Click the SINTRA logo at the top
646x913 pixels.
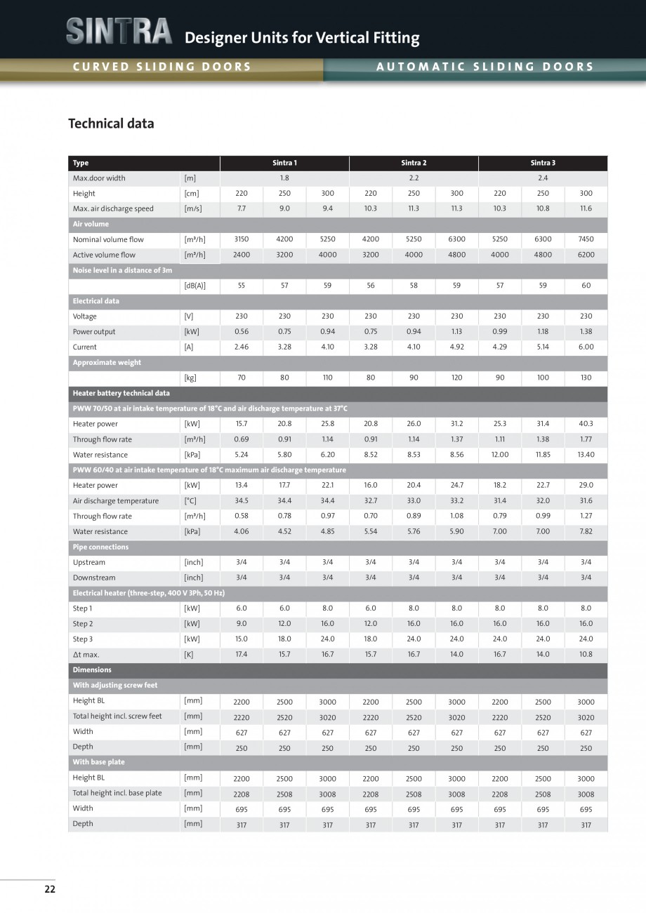pos(119,32)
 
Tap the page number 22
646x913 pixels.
pos(50,889)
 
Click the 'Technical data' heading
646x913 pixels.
pos(111,124)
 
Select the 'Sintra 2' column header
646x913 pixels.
pos(414,163)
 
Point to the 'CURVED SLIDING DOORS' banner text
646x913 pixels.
pos(161,67)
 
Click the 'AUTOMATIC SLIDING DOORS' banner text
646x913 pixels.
pos(485,67)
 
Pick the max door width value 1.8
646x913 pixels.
pos(284,178)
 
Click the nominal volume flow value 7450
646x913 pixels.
pos(586,239)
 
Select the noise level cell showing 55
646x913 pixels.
pos(242,286)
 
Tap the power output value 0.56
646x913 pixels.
pos(242,332)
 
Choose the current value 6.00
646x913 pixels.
pos(586,347)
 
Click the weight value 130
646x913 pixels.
pos(586,378)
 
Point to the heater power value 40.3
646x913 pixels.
pos(586,424)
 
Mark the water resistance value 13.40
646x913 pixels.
pos(586,455)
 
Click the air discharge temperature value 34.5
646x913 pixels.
pos(242,501)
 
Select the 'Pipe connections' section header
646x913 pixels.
pos(100,547)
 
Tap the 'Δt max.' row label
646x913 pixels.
pos(86,655)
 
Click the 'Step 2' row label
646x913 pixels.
pos(83,624)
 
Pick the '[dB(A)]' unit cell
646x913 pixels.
pos(195,286)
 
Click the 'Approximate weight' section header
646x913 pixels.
pos(107,363)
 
